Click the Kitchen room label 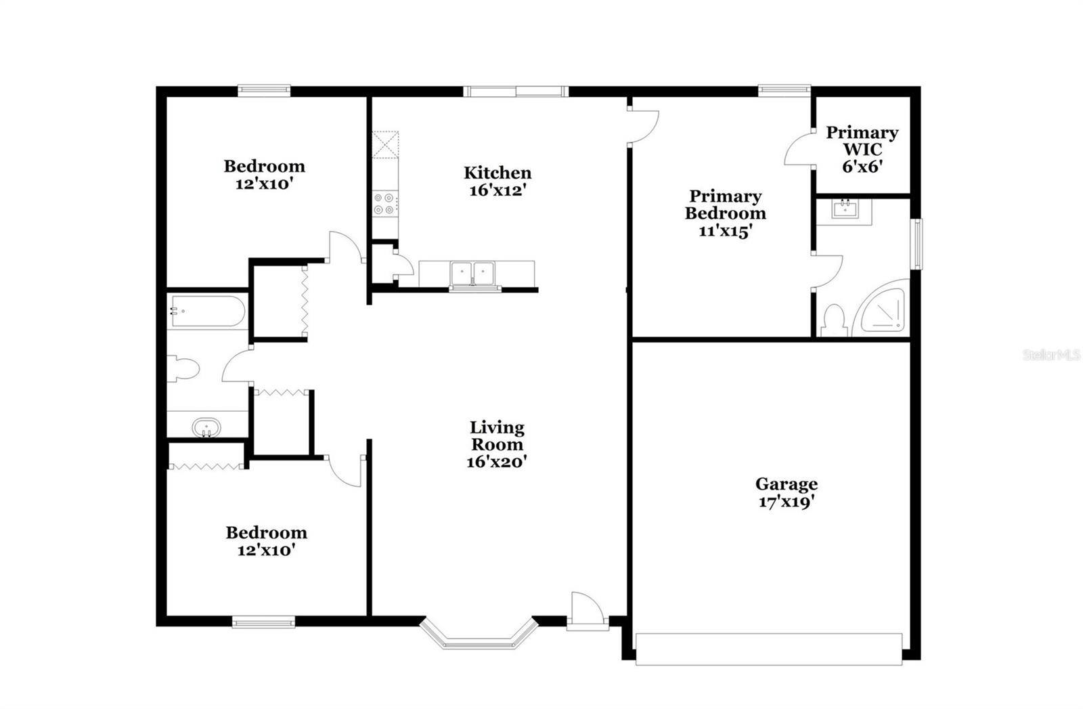(x=498, y=173)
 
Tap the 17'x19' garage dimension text (x=786, y=502)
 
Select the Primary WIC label (x=862, y=141)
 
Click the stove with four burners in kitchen (x=385, y=204)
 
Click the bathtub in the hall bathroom (x=206, y=311)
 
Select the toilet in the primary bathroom (x=835, y=321)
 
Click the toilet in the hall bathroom (x=183, y=369)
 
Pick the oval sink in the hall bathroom (x=206, y=429)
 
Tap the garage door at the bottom (x=769, y=649)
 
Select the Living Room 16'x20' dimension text (x=497, y=462)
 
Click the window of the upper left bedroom (x=264, y=89)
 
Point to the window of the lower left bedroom (x=263, y=621)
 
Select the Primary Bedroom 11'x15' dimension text (x=725, y=230)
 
